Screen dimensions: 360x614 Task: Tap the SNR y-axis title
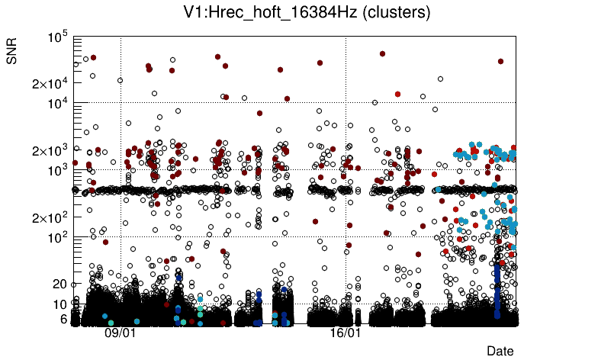point(12,51)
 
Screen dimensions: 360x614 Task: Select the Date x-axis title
point(500,350)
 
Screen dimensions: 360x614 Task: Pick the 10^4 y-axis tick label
point(58,103)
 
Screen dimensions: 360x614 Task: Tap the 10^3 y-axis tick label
point(58,170)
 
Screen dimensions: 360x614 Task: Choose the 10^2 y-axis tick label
point(58,237)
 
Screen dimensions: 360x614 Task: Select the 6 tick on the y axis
point(64,319)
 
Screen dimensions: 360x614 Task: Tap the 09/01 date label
point(120,333)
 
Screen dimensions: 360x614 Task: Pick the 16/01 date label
point(346,333)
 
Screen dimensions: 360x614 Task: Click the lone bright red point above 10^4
point(397,94)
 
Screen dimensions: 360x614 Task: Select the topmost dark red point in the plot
point(382,53)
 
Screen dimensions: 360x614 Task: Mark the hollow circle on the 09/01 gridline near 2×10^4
point(120,80)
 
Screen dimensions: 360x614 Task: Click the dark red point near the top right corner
point(500,61)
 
